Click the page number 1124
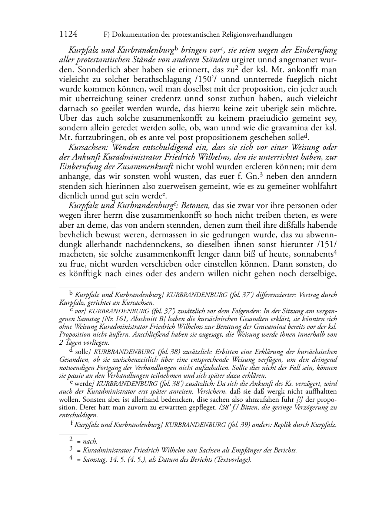pos(68,34)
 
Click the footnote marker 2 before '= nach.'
pos(71,440)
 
